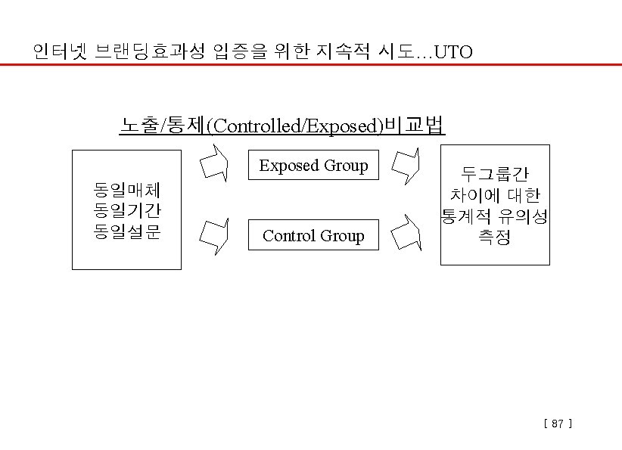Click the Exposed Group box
click(313, 166)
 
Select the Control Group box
click(313, 236)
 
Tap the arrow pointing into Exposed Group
click(214, 164)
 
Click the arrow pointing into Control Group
click(214, 235)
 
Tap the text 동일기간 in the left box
click(126, 209)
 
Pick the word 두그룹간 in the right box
click(495, 175)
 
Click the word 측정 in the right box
click(495, 238)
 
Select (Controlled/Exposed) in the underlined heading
click(295, 126)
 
